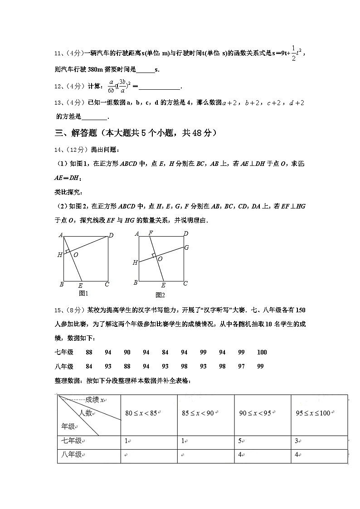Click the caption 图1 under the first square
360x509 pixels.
tap(83, 293)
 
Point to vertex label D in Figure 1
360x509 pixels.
tap(111, 235)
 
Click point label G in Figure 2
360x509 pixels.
tap(186, 248)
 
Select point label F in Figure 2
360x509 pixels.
tap(150, 233)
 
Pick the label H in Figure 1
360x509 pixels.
tap(59, 255)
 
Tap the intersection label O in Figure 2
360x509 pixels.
tap(160, 259)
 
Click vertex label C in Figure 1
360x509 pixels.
tap(107, 285)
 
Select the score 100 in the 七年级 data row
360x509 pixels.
tap(262, 352)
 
